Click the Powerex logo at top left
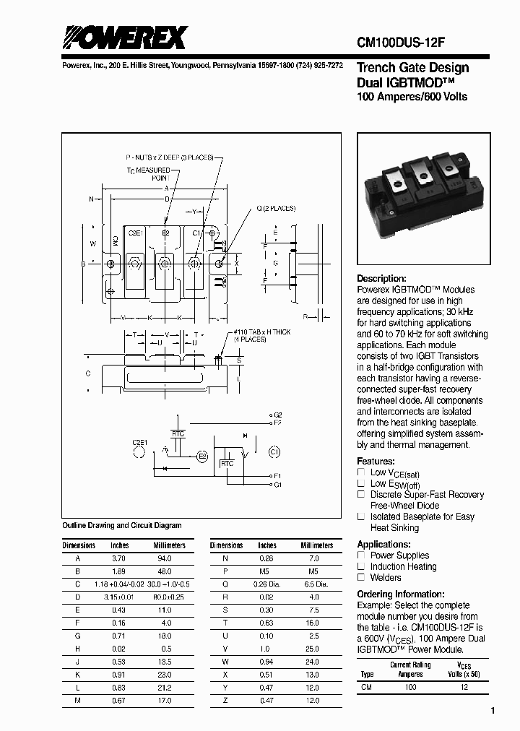pos(124,38)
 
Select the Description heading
pos(381,279)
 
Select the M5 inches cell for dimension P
pos(266,571)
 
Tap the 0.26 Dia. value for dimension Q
pos(266,583)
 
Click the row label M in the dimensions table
pos(78,699)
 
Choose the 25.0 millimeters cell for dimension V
pos(312,648)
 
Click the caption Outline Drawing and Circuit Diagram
pos(122,526)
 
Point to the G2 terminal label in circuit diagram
pos(277,415)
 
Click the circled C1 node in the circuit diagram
pos(273,451)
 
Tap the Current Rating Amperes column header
pos(410,669)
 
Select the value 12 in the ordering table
pos(464,687)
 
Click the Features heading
pos(376,461)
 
